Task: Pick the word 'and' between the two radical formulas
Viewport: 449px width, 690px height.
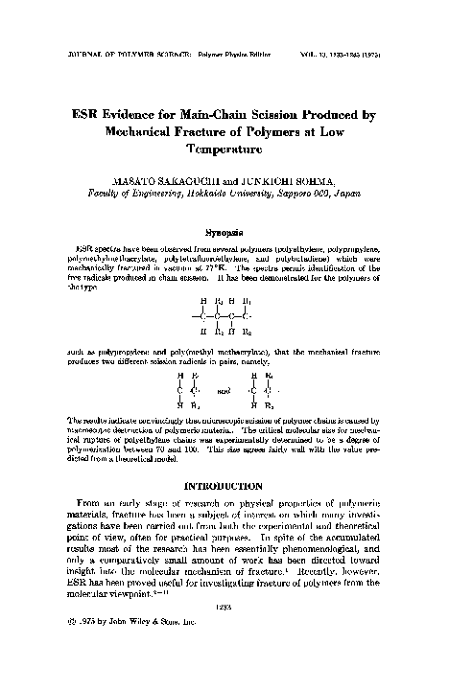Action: tap(224, 391)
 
